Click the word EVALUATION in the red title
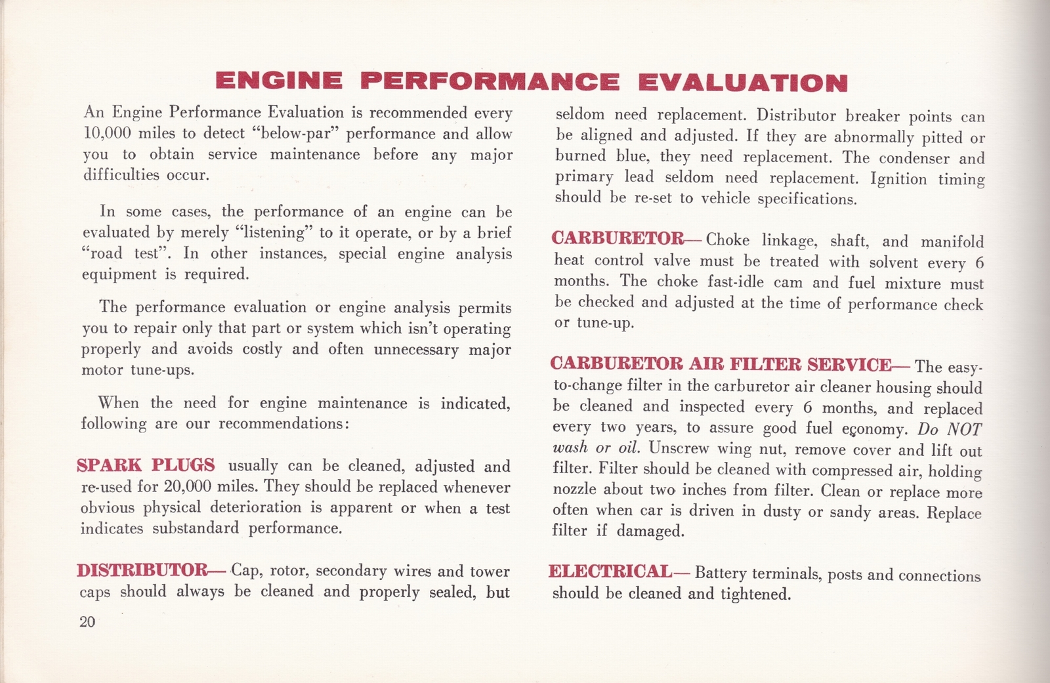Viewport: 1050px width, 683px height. [742, 82]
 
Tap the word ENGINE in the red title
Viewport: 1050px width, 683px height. [279, 81]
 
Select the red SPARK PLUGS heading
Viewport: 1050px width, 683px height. [146, 465]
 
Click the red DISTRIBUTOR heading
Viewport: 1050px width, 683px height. [143, 569]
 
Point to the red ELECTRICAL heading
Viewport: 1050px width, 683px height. [610, 571]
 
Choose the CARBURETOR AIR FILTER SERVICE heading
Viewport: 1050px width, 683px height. [721, 364]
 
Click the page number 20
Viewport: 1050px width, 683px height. [87, 621]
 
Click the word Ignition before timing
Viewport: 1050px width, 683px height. [899, 178]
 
